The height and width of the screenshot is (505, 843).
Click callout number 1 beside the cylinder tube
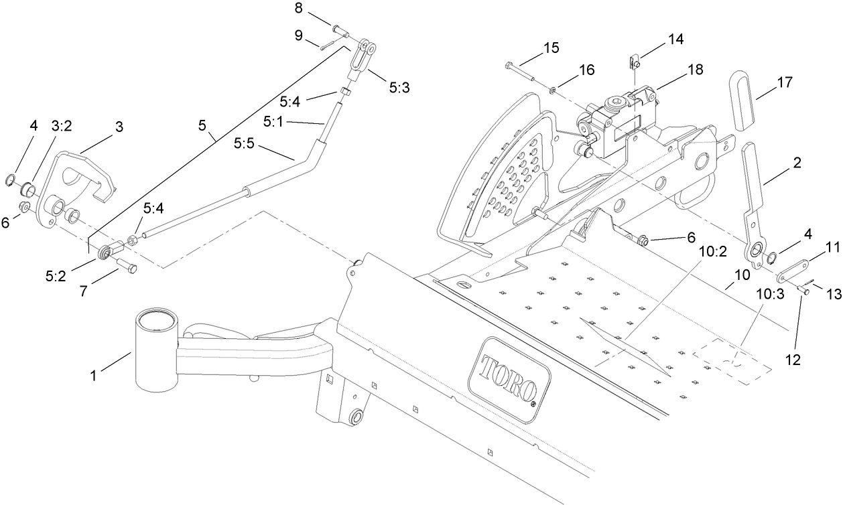94,376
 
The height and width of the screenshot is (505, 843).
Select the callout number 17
785,82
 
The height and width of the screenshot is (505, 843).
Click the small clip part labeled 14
635,63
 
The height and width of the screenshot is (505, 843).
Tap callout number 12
793,359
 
